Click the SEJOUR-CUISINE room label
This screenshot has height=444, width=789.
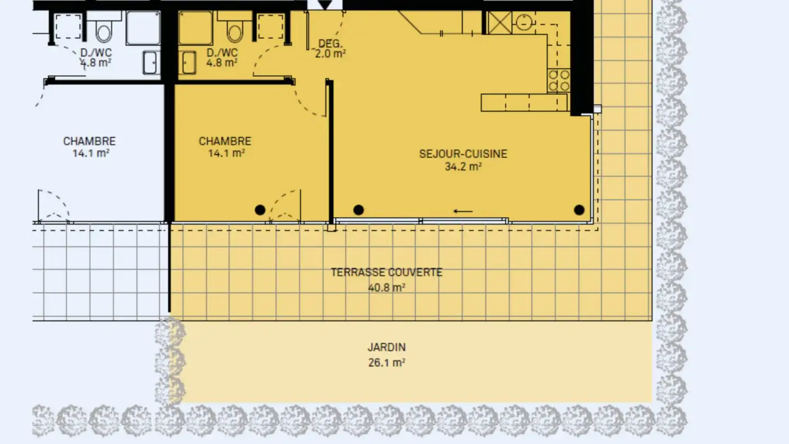point(463,154)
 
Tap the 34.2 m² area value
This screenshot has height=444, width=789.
point(463,167)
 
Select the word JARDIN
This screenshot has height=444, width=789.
point(387,348)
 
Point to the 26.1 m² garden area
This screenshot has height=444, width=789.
point(387,363)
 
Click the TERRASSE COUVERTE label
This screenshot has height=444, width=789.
point(387,272)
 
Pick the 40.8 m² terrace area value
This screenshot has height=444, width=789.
point(387,288)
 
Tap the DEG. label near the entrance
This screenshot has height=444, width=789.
point(330,44)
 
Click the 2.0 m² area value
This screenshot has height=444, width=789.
point(330,54)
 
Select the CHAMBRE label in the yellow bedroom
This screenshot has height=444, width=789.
point(225,141)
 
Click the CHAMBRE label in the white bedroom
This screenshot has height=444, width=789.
point(89,141)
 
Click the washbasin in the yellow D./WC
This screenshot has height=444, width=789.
point(188,62)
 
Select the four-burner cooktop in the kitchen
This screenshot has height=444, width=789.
point(559,81)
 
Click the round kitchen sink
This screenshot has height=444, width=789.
point(524,22)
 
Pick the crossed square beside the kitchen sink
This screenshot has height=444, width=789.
point(500,22)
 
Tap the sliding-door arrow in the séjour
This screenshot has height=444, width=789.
point(463,212)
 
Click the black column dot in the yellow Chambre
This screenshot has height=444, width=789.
point(260,210)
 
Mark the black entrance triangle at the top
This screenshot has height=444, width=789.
point(324,5)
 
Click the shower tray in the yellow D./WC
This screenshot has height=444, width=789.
point(196,28)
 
